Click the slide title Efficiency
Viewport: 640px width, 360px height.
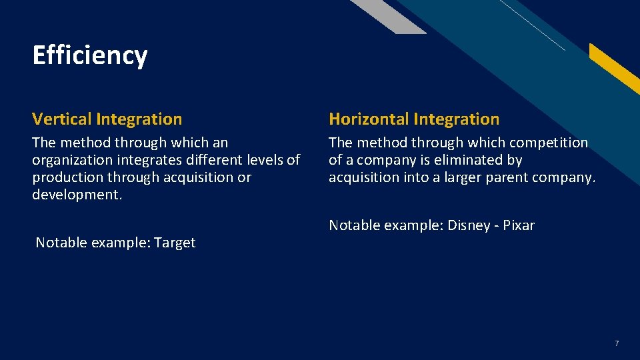(x=89, y=55)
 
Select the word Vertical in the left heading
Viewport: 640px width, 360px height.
(x=62, y=119)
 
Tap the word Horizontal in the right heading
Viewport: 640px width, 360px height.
(x=369, y=119)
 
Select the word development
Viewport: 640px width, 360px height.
(x=77, y=195)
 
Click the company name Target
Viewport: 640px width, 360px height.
(x=175, y=243)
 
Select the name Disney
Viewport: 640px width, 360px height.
(x=469, y=225)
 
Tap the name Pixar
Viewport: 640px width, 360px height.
(x=519, y=225)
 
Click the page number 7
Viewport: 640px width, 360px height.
(x=616, y=343)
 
